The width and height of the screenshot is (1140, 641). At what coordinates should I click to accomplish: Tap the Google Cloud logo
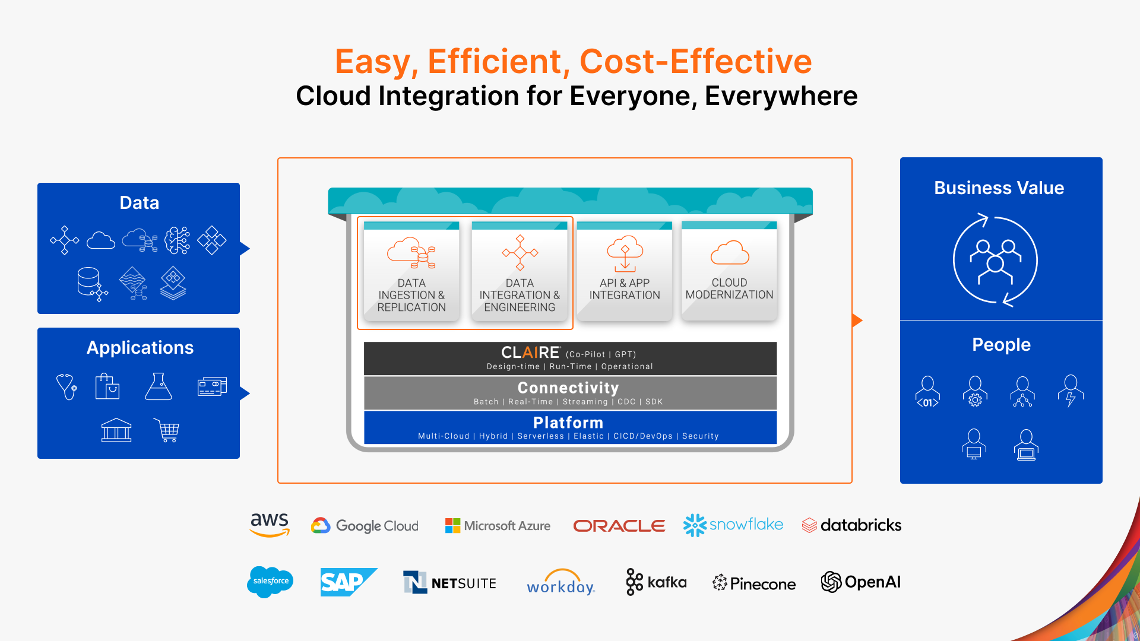[365, 525]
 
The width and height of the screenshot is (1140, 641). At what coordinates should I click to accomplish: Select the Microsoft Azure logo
[498, 525]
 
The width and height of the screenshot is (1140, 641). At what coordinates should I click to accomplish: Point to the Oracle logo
[619, 526]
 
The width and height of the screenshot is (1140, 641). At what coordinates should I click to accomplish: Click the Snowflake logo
[733, 525]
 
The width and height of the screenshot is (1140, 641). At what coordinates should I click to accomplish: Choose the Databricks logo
[851, 525]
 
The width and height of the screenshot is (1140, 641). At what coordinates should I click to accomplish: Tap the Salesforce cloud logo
[270, 582]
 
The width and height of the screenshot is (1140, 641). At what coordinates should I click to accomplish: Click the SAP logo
[349, 582]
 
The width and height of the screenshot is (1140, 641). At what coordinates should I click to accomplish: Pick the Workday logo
[560, 582]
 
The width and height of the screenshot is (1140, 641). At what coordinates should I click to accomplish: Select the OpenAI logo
[861, 582]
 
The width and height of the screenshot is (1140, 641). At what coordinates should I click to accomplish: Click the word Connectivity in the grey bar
[568, 388]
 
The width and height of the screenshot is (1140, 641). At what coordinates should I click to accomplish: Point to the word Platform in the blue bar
[568, 423]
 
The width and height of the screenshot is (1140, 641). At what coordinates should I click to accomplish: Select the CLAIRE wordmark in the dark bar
[530, 353]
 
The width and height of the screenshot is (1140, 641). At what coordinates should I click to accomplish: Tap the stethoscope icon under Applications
[66, 386]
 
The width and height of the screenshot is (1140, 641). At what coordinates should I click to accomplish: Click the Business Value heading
[999, 188]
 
